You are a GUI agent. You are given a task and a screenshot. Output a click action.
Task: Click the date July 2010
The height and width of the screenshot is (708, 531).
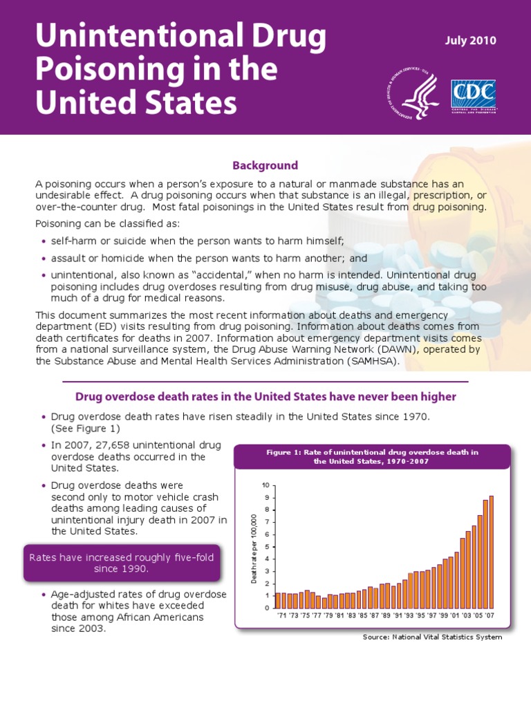coord(470,40)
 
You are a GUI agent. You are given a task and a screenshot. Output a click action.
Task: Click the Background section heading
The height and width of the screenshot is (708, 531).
coord(265,165)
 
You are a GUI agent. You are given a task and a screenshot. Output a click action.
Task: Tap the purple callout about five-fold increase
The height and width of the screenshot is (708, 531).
coord(122,562)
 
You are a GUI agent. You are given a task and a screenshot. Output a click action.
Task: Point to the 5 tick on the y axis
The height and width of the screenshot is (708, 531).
coord(265,547)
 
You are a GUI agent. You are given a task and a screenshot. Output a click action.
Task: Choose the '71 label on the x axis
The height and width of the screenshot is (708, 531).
coord(281,615)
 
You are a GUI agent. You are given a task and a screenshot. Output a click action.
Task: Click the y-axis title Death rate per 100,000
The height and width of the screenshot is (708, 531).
coord(254,548)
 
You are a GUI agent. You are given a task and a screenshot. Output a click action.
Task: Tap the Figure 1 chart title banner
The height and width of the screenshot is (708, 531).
coord(373,456)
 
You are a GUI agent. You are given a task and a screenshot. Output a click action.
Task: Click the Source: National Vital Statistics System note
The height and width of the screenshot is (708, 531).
coord(432,637)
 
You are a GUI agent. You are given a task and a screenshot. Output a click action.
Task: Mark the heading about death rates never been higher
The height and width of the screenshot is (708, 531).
coord(265,396)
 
